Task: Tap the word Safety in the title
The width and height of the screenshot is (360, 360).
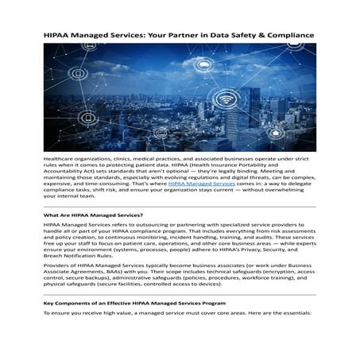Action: (x=257, y=36)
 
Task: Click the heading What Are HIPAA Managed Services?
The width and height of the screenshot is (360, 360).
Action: (x=93, y=215)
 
